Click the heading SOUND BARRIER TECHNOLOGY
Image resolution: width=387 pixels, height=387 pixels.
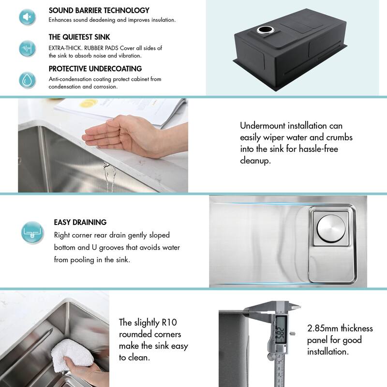(99, 10)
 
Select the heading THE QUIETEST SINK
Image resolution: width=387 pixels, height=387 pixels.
(79, 37)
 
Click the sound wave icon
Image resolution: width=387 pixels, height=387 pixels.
(27, 48)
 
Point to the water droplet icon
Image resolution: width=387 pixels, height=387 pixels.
(27, 79)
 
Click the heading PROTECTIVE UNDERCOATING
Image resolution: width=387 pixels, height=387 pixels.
(95, 69)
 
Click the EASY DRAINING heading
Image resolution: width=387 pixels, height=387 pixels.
(80, 223)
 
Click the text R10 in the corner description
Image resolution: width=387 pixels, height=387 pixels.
(173, 323)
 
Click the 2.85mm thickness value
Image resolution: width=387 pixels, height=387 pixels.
(324, 328)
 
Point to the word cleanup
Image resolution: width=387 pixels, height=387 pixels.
(255, 160)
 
